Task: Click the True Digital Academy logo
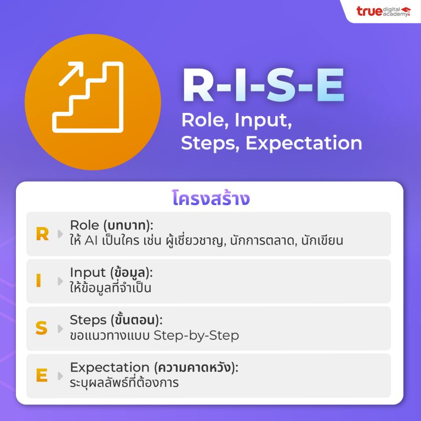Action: pyautogui.click(x=383, y=12)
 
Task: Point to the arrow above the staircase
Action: pyautogui.click(x=71, y=74)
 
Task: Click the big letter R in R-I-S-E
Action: pyautogui.click(x=198, y=85)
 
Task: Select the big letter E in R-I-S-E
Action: pyautogui.click(x=331, y=85)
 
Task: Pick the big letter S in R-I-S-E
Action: pyautogui.click(x=282, y=85)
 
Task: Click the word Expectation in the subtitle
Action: pyautogui.click(x=304, y=143)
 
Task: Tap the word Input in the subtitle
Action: pyautogui.click(x=263, y=120)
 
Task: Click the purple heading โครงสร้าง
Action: pyautogui.click(x=211, y=198)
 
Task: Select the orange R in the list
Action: pyautogui.click(x=42, y=234)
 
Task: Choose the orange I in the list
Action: pyautogui.click(x=39, y=281)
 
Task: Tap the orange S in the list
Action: pyautogui.click(x=41, y=328)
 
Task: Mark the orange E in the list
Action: pyautogui.click(x=42, y=375)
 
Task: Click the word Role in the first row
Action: pyautogui.click(x=84, y=225)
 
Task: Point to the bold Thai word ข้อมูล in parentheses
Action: pyautogui.click(x=130, y=272)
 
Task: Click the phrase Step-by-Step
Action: pyautogui.click(x=196, y=335)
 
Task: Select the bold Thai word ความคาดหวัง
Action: pyautogui.click(x=195, y=367)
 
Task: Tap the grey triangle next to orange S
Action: pyautogui.click(x=60, y=328)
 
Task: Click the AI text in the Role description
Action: pyautogui.click(x=91, y=241)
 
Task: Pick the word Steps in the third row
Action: pyautogui.click(x=88, y=320)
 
